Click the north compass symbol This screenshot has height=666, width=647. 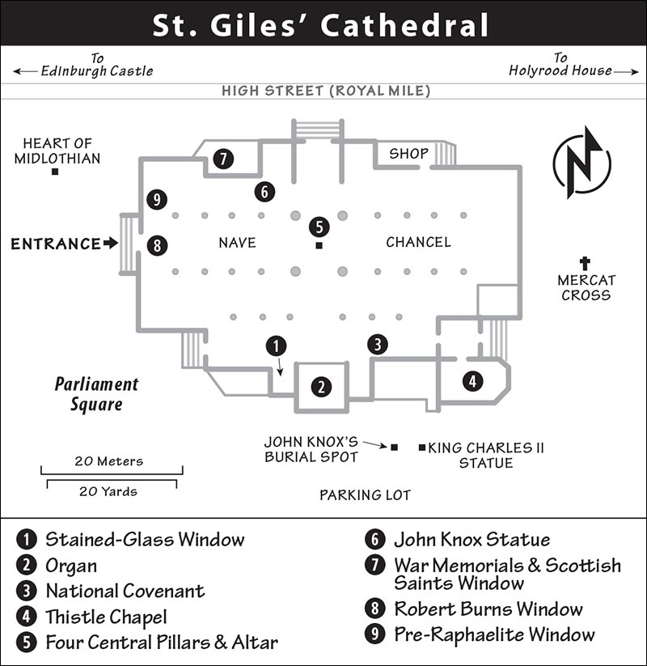click(x=582, y=163)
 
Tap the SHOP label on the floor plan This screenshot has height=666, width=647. click(x=409, y=153)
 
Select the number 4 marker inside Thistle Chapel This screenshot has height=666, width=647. click(x=472, y=381)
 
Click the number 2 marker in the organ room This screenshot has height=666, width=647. click(x=321, y=387)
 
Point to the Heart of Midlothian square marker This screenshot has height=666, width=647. click(x=55, y=172)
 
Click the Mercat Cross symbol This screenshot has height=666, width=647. click(x=585, y=263)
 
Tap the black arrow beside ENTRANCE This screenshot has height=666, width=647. click(x=111, y=243)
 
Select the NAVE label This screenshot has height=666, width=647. click(x=237, y=243)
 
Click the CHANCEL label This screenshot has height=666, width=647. click(x=418, y=242)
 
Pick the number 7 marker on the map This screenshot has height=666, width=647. click(x=223, y=159)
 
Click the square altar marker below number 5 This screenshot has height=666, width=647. click(x=319, y=245)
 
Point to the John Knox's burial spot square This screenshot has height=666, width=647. click(x=395, y=448)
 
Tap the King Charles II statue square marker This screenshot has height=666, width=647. click(x=422, y=448)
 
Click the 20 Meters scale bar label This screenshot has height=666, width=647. click(x=109, y=460)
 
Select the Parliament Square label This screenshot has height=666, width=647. click(x=97, y=394)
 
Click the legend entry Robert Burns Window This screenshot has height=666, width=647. click(x=488, y=609)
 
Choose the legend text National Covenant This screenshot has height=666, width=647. click(x=125, y=591)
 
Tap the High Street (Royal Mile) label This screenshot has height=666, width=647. click(x=326, y=91)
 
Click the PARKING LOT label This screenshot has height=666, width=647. click(x=365, y=494)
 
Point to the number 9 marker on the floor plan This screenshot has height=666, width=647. click(x=157, y=199)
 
